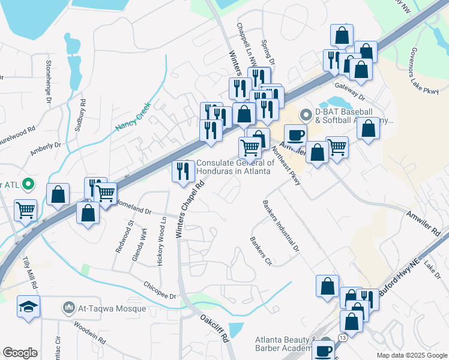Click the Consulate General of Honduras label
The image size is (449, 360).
(235, 167)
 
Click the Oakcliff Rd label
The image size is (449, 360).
(215, 329)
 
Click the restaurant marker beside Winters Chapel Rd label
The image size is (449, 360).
(182, 172)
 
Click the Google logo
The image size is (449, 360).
(20, 353)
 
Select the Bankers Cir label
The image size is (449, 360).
(261, 252)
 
